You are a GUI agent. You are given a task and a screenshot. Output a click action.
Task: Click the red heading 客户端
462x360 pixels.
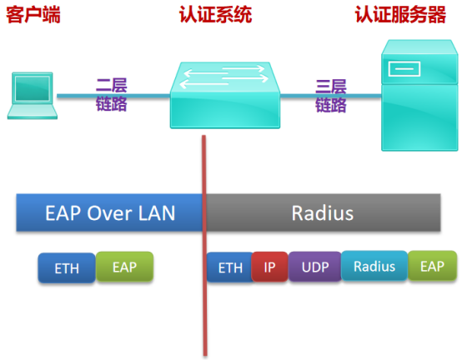(33, 15)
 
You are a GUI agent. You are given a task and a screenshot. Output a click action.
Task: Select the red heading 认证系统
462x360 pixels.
(216, 14)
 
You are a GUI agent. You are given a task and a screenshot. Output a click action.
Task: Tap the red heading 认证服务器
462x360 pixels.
(400, 14)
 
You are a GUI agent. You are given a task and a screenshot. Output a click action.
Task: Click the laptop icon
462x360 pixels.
(33, 96)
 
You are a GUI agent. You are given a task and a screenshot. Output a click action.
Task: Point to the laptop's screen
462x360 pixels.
(33, 88)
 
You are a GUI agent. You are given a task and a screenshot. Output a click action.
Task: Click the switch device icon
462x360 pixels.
(225, 95)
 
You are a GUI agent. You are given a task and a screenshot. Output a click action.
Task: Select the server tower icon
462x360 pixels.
(419, 95)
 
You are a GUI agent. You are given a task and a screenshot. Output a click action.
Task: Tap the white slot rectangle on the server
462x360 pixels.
(404, 69)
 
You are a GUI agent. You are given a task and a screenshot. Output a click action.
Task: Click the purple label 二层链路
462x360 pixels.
(112, 94)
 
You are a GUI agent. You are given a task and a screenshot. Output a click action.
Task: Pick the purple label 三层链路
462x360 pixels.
(331, 96)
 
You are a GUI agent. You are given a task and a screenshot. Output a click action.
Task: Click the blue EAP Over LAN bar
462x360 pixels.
(109, 212)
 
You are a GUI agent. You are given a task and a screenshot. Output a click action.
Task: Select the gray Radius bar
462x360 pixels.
(324, 212)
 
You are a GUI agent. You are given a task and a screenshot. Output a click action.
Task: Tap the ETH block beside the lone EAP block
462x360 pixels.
(67, 267)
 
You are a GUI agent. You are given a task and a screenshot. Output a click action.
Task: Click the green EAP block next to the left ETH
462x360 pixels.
(124, 267)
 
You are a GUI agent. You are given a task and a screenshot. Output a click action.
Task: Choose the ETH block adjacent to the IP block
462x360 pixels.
(230, 267)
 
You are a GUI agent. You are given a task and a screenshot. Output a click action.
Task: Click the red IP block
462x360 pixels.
(269, 267)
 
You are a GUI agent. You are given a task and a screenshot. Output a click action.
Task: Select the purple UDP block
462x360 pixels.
(315, 267)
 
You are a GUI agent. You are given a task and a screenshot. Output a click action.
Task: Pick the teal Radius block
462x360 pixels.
(374, 266)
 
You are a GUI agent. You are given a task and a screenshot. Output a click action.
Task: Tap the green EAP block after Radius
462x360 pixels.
(432, 266)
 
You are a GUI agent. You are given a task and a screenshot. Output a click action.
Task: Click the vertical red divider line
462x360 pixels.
(204, 246)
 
